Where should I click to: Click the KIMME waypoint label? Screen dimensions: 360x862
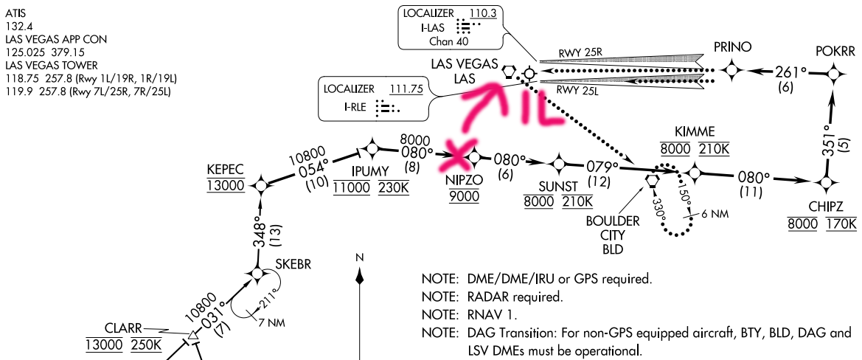tap(695, 131)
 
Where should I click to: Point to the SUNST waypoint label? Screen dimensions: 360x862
tap(558, 185)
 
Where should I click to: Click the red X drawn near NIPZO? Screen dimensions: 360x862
tap(460, 153)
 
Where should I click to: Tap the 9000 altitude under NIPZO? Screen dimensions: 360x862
tap(463, 195)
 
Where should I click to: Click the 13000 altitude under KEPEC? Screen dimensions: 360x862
tap(226, 184)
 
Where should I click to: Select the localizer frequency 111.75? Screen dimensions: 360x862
tap(406, 89)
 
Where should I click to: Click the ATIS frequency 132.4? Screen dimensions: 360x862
tap(16, 24)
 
